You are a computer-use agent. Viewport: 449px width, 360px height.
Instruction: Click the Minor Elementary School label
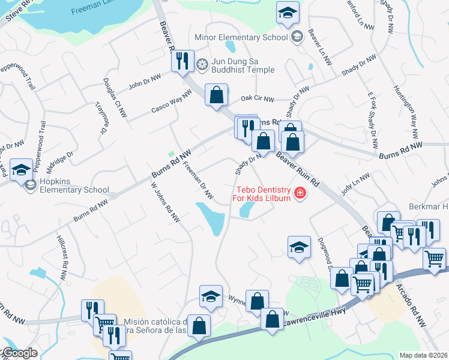click(241, 37)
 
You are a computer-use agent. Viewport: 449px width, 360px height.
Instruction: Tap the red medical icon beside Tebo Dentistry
click(299, 193)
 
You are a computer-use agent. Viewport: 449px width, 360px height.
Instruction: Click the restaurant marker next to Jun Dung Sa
click(181, 61)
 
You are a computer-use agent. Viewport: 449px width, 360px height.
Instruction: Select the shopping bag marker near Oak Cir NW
click(216, 95)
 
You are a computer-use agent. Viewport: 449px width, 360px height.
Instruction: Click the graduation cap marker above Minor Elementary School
click(288, 12)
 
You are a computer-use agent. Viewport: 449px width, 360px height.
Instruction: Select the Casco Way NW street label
click(171, 100)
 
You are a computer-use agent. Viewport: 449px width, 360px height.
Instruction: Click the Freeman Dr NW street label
click(198, 181)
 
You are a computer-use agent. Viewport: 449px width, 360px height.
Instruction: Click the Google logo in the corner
click(19, 353)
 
